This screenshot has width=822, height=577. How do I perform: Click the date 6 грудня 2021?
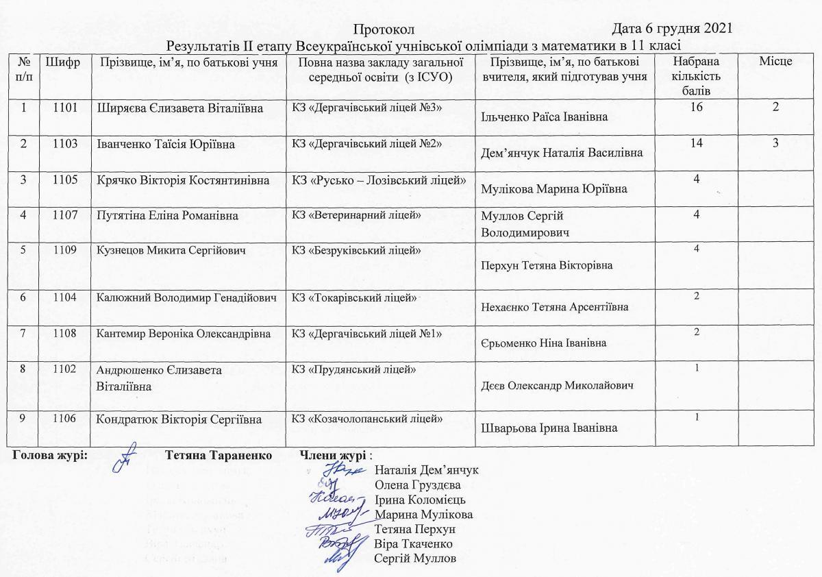pyautogui.click(x=688, y=29)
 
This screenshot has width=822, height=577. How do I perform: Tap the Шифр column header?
pyautogui.click(x=62, y=62)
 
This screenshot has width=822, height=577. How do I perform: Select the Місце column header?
pyautogui.click(x=775, y=62)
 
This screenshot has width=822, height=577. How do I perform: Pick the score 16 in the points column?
pyautogui.click(x=697, y=108)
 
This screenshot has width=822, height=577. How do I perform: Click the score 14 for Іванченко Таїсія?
pyautogui.click(x=697, y=145)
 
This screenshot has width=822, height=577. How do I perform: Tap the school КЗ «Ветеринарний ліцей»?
pyautogui.click(x=356, y=216)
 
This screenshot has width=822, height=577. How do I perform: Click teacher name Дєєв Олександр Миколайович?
pyautogui.click(x=558, y=385)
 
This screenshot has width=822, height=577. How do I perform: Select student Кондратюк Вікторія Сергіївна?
pyautogui.click(x=179, y=419)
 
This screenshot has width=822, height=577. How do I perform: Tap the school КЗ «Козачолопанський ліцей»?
pyautogui.click(x=367, y=419)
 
